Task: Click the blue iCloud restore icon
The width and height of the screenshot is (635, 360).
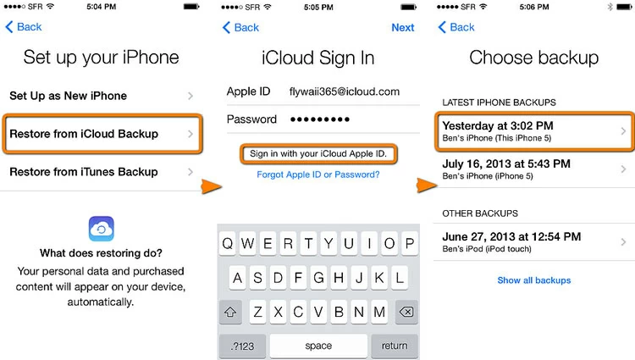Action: (102, 229)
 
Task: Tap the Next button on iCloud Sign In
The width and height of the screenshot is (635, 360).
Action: (403, 27)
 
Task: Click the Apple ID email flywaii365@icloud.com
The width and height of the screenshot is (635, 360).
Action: (344, 91)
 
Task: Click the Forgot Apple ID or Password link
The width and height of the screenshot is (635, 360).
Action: (318, 174)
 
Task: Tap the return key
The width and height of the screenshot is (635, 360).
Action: (395, 346)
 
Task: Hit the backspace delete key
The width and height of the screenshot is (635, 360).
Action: (406, 312)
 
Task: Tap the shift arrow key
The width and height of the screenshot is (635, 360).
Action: (230, 312)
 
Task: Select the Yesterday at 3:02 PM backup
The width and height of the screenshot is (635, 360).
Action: (533, 131)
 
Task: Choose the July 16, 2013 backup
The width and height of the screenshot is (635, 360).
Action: (533, 169)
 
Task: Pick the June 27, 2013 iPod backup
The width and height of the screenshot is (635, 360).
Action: (533, 241)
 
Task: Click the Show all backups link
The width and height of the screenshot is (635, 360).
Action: (534, 280)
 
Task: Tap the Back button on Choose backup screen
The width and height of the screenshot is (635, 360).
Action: (456, 27)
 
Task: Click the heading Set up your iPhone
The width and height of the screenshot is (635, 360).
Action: (102, 58)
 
